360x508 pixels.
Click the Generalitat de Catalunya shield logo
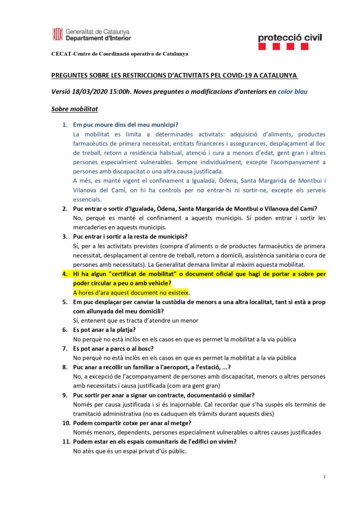[x=58, y=34]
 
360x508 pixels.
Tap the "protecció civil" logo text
[x=290, y=37]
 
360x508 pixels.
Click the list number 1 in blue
[x=64, y=124]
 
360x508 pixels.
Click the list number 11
[x=65, y=442]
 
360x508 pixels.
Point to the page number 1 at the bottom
[x=324, y=477]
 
